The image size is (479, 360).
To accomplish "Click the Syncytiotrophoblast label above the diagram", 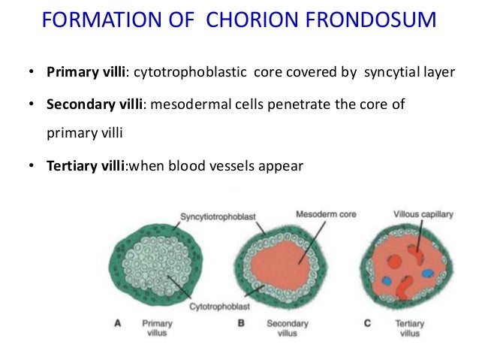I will [218, 217].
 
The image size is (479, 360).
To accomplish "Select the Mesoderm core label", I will [327, 213].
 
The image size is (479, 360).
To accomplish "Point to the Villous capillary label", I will [423, 214].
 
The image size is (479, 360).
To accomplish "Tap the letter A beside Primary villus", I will [119, 323].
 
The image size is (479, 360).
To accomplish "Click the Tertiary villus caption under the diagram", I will [409, 328].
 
